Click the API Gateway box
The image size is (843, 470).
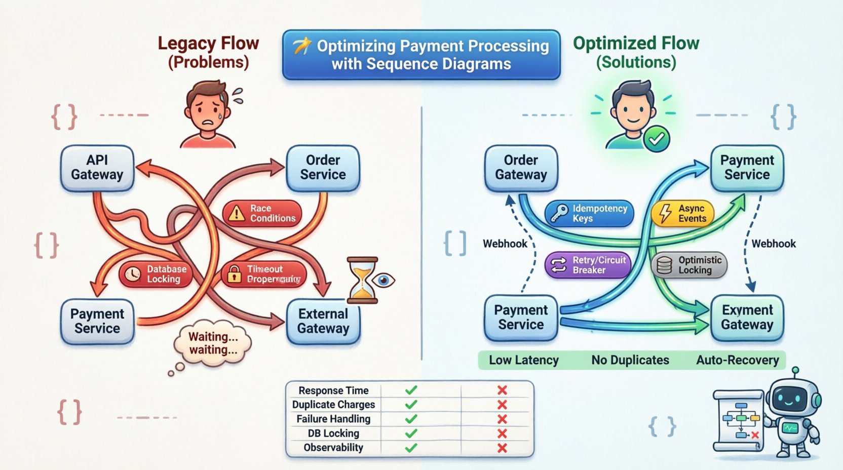(x=97, y=168)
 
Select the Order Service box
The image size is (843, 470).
(x=323, y=168)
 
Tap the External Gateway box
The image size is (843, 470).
(x=323, y=321)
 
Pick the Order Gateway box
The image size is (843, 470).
(x=521, y=168)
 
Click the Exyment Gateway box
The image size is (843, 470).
(x=747, y=318)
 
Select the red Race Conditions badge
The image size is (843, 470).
(x=262, y=213)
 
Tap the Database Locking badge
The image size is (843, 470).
(x=156, y=274)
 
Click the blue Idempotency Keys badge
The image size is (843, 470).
(x=589, y=213)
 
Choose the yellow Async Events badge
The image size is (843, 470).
(x=682, y=213)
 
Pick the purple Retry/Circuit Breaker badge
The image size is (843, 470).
(x=588, y=265)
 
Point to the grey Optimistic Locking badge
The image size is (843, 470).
(x=689, y=265)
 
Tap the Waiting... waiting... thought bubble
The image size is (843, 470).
(x=213, y=343)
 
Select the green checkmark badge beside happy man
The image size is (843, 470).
(x=657, y=138)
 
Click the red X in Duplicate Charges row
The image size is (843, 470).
(x=502, y=405)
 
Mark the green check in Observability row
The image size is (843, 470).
(x=411, y=448)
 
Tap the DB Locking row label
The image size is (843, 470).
(x=333, y=434)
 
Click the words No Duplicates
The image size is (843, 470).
(x=630, y=360)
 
